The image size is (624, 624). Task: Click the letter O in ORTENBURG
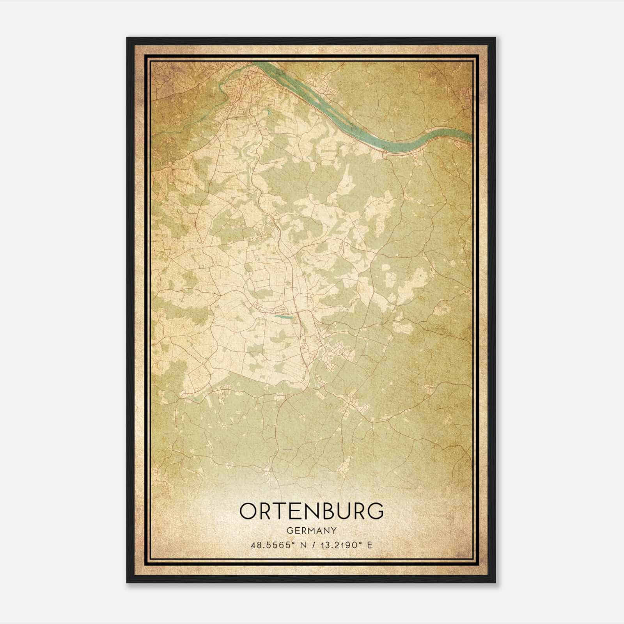pyautogui.click(x=249, y=511)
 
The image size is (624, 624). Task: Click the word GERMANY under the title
pyautogui.click(x=312, y=531)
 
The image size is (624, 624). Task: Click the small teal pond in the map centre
pyautogui.click(x=284, y=317)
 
